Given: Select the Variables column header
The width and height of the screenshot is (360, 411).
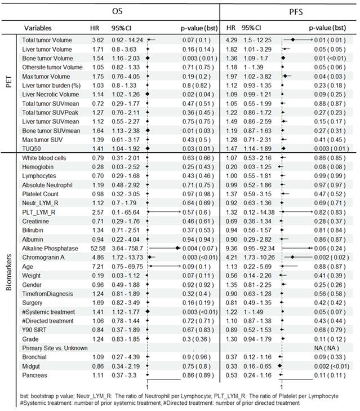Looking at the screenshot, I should tap(38, 28).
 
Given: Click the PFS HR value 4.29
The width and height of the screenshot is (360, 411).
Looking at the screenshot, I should tap(232, 40).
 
